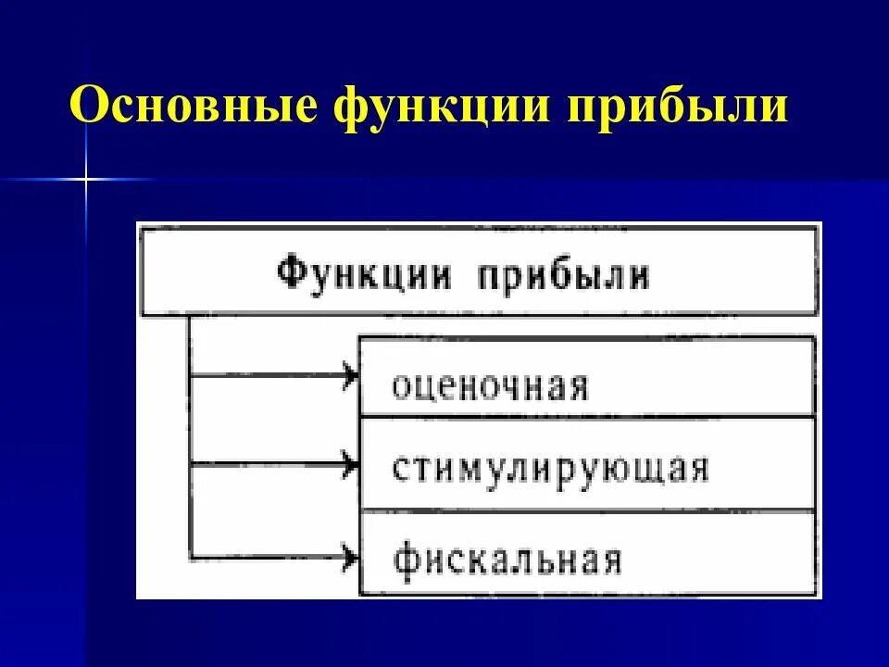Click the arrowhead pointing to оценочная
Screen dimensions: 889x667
click(x=351, y=375)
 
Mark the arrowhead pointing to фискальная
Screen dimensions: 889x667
click(x=351, y=556)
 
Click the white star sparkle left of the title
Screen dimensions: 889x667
click(x=86, y=177)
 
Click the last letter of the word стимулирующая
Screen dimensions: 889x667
click(x=698, y=469)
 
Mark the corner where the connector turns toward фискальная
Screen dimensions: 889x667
click(x=190, y=556)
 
